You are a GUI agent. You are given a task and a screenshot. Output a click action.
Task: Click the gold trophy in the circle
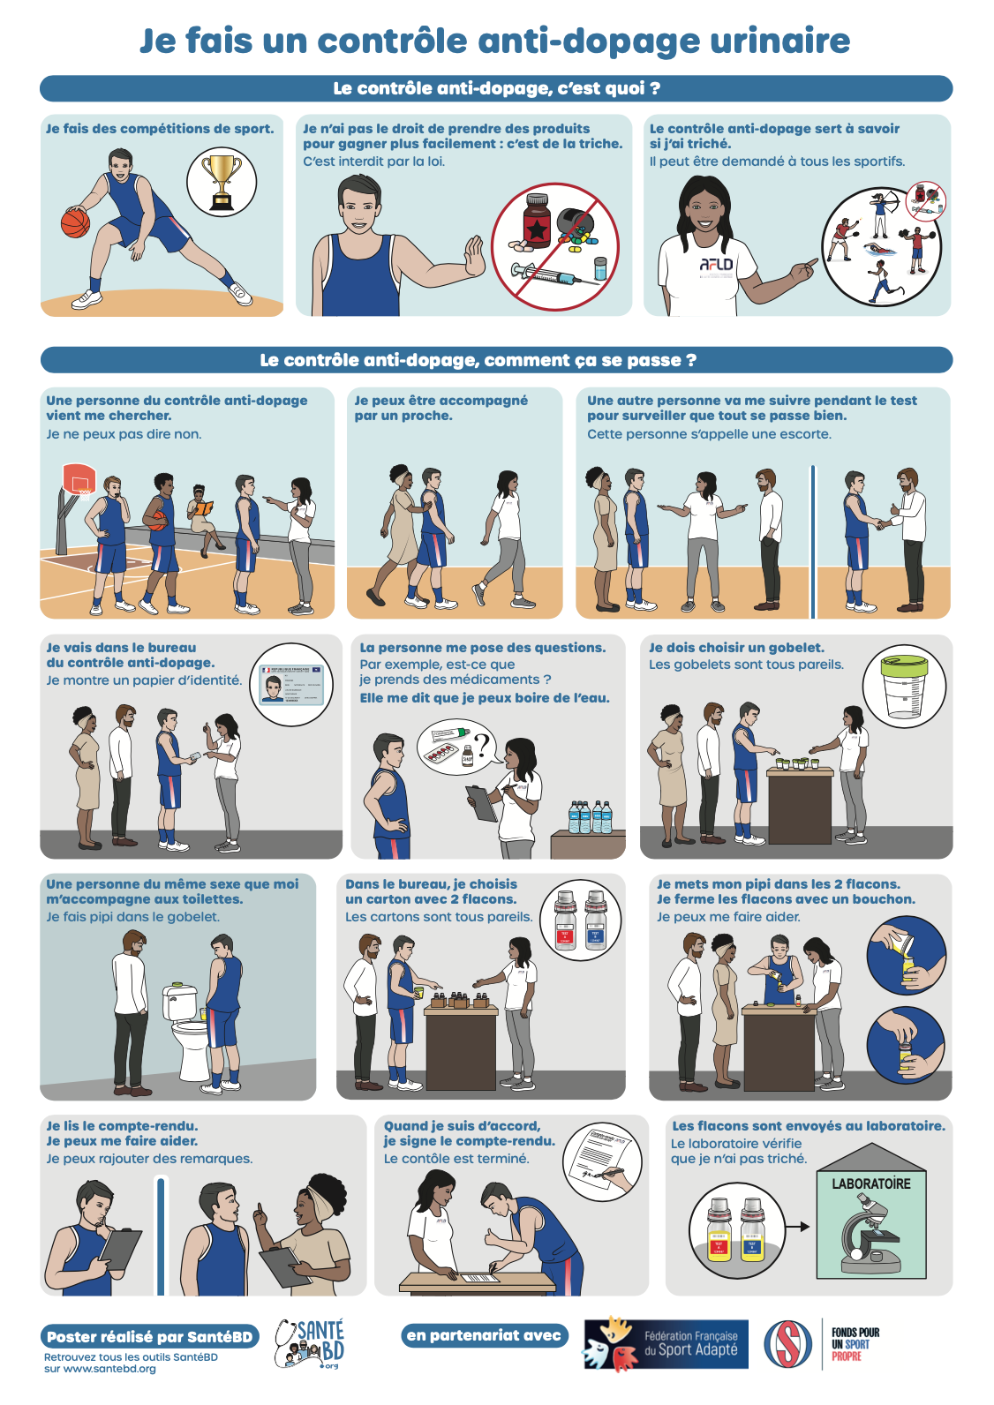222,182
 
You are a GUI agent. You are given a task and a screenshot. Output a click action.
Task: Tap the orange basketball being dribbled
75,222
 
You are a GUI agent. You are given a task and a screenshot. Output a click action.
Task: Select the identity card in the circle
292,685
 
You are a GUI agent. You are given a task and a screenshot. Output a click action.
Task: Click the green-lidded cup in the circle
904,686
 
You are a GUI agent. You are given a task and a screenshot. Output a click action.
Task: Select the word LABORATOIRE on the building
871,1183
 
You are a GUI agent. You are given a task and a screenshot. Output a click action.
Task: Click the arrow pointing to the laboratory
798,1226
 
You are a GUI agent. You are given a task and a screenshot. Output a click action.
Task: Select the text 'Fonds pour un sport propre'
855,1343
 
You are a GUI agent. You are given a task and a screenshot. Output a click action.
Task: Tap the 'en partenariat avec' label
484,1335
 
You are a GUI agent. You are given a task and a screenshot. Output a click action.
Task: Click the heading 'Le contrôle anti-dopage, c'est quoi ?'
496,88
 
